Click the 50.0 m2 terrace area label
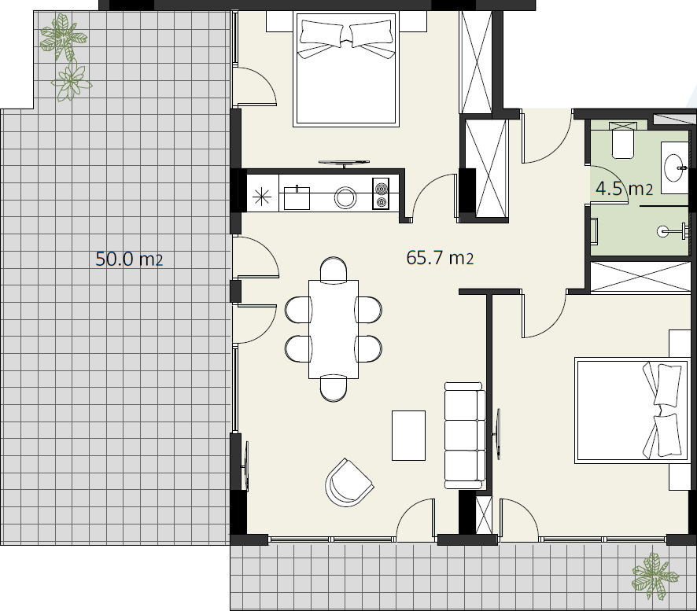129,259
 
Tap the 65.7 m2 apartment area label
440,258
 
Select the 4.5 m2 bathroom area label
624,189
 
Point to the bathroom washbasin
675,168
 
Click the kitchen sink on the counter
297,197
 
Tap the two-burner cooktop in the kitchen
381,193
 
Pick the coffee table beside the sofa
408,436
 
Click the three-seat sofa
465,435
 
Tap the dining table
334,329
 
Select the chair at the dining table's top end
334,269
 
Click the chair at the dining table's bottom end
334,388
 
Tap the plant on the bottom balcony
655,576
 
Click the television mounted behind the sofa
497,434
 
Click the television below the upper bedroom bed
344,163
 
